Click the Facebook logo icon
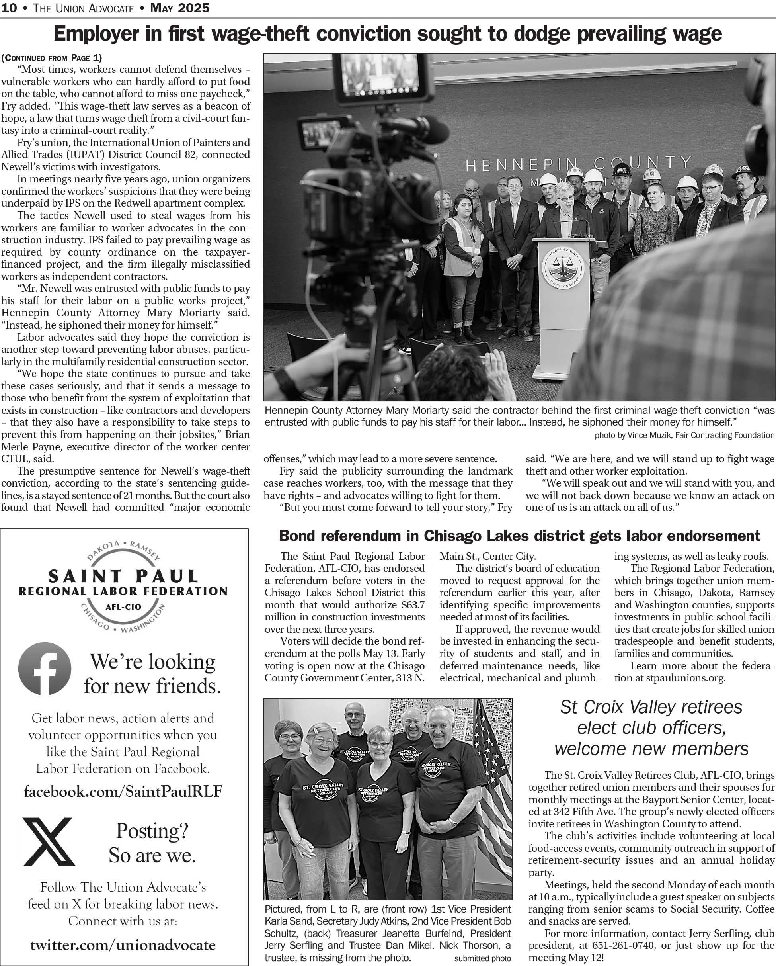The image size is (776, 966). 45,669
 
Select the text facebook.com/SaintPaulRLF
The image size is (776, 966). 123,791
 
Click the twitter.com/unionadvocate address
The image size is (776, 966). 123,945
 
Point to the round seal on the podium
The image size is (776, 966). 563,268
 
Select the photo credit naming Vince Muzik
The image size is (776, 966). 684,435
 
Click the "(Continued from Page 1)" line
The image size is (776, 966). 51,58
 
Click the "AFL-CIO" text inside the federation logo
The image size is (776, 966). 123,607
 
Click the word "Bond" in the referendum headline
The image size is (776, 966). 297,536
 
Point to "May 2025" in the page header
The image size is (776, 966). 179,8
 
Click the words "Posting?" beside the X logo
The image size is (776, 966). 152,831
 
